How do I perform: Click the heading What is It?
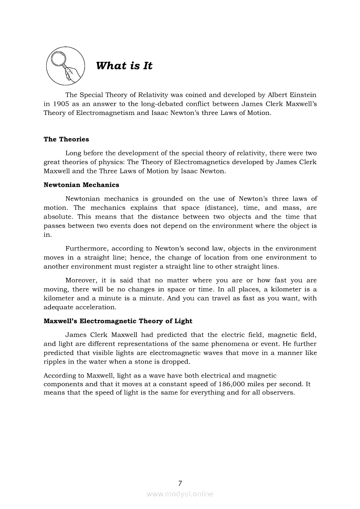[124, 66]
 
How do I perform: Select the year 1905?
[63, 104]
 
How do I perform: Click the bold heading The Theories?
[66, 139]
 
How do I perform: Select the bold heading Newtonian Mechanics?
[81, 185]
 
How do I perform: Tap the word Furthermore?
[88, 249]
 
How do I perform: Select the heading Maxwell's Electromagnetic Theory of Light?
[118, 321]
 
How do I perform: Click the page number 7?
[180, 483]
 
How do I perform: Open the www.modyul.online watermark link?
[180, 494]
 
